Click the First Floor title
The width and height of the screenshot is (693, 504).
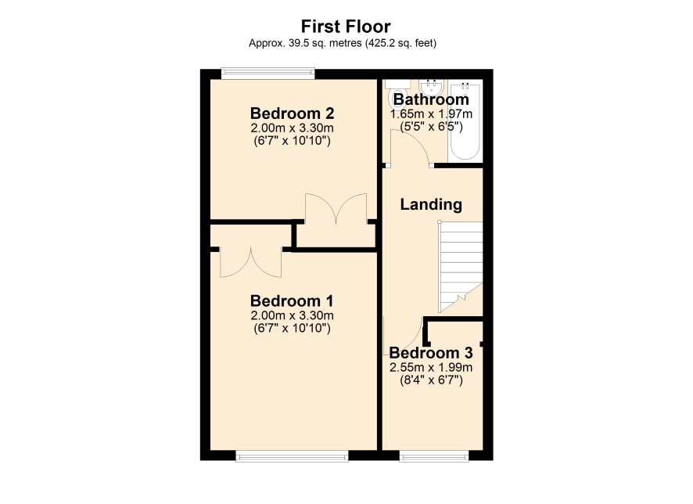click(x=346, y=27)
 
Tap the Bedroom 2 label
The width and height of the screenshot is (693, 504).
click(x=292, y=113)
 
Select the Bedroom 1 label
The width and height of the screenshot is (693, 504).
click(x=292, y=301)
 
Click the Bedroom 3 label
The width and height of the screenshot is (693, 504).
click(x=431, y=353)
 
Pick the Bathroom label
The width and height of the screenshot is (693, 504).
click(x=431, y=99)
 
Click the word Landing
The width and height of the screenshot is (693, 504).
click(x=431, y=204)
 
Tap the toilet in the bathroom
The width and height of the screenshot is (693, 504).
click(x=393, y=94)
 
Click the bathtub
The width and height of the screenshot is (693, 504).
click(x=465, y=121)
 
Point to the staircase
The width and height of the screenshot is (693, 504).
click(x=460, y=267)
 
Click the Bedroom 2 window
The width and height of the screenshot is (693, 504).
click(x=268, y=74)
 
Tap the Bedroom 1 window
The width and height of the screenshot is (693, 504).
click(x=292, y=455)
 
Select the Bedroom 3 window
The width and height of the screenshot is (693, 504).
click(x=434, y=455)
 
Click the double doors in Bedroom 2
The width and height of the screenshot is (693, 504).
click(x=336, y=208)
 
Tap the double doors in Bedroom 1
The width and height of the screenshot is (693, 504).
click(x=251, y=263)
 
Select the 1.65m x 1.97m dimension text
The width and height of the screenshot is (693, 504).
click(x=431, y=114)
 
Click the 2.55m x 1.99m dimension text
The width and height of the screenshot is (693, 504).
click(x=431, y=367)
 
